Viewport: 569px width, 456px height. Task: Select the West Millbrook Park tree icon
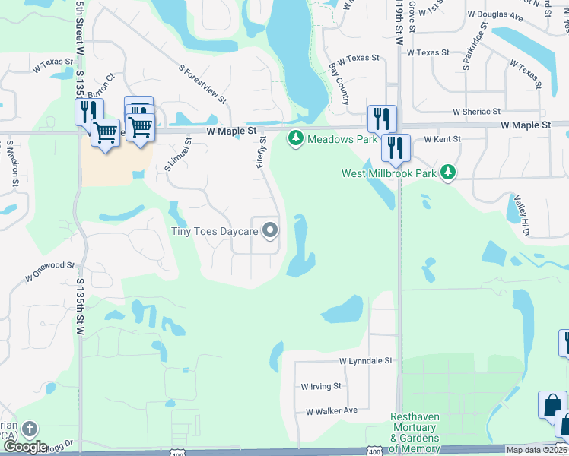pos(449,173)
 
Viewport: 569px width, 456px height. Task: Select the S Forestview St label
pos(203,83)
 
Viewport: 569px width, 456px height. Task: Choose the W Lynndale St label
pos(365,361)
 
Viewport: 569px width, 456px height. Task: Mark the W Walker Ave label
pos(331,411)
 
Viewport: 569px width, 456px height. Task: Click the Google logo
pos(25,447)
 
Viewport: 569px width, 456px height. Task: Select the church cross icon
pos(28,429)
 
